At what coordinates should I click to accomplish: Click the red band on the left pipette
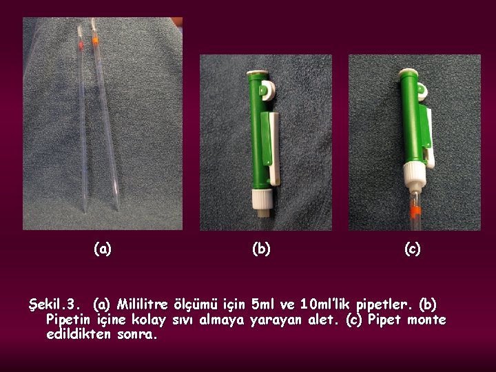coord(81,46)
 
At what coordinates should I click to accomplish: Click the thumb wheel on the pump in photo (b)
coord(268,90)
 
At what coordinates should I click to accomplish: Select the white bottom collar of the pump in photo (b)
coord(262,199)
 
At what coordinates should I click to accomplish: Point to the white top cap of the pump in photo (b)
coord(258,73)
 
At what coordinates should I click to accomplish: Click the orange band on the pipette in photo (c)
coord(416,211)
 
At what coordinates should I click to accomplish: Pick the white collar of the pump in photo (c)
coord(415,173)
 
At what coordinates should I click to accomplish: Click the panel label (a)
coord(103,249)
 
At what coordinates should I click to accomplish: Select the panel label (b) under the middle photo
coord(261,249)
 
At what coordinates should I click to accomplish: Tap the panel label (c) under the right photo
coord(413,249)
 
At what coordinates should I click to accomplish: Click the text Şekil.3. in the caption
coord(52,304)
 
